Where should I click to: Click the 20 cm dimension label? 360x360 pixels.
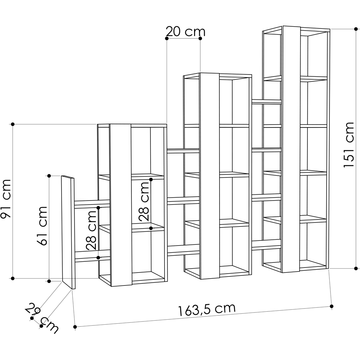(185, 32)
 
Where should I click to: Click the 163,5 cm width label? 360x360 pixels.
(207, 309)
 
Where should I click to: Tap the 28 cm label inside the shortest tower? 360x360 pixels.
(144, 201)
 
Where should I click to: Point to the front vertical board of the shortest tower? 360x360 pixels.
(120, 205)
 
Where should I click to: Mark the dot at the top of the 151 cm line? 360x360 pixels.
(356, 29)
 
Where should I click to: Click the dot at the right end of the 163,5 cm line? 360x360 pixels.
(332, 306)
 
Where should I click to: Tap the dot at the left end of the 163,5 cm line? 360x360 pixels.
(75, 327)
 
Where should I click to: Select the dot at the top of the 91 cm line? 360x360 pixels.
(13, 124)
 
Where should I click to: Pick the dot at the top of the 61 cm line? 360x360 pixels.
(49, 176)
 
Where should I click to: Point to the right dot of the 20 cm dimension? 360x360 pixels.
(200, 38)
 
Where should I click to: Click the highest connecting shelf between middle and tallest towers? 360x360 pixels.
(266, 101)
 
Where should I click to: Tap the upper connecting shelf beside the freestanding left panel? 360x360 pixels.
(92, 203)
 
